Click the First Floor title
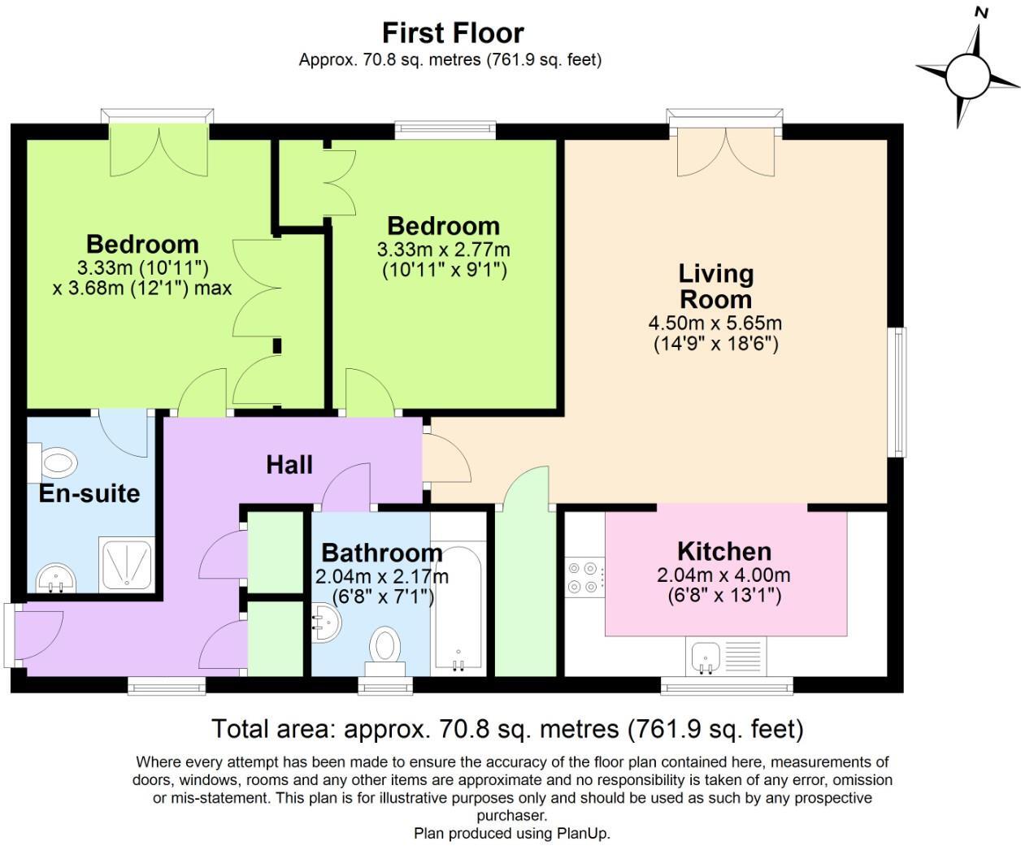(x=453, y=33)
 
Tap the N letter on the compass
(x=981, y=12)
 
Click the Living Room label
(x=715, y=286)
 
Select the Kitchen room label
(x=723, y=551)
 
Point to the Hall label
(x=289, y=465)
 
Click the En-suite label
(x=89, y=493)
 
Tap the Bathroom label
(x=381, y=553)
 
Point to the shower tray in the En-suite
(x=126, y=564)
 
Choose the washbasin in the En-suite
(x=55, y=579)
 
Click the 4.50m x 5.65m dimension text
(x=715, y=323)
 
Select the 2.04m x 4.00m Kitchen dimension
(x=723, y=575)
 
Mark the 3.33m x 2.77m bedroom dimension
(x=443, y=249)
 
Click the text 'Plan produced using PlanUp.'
(x=511, y=833)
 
